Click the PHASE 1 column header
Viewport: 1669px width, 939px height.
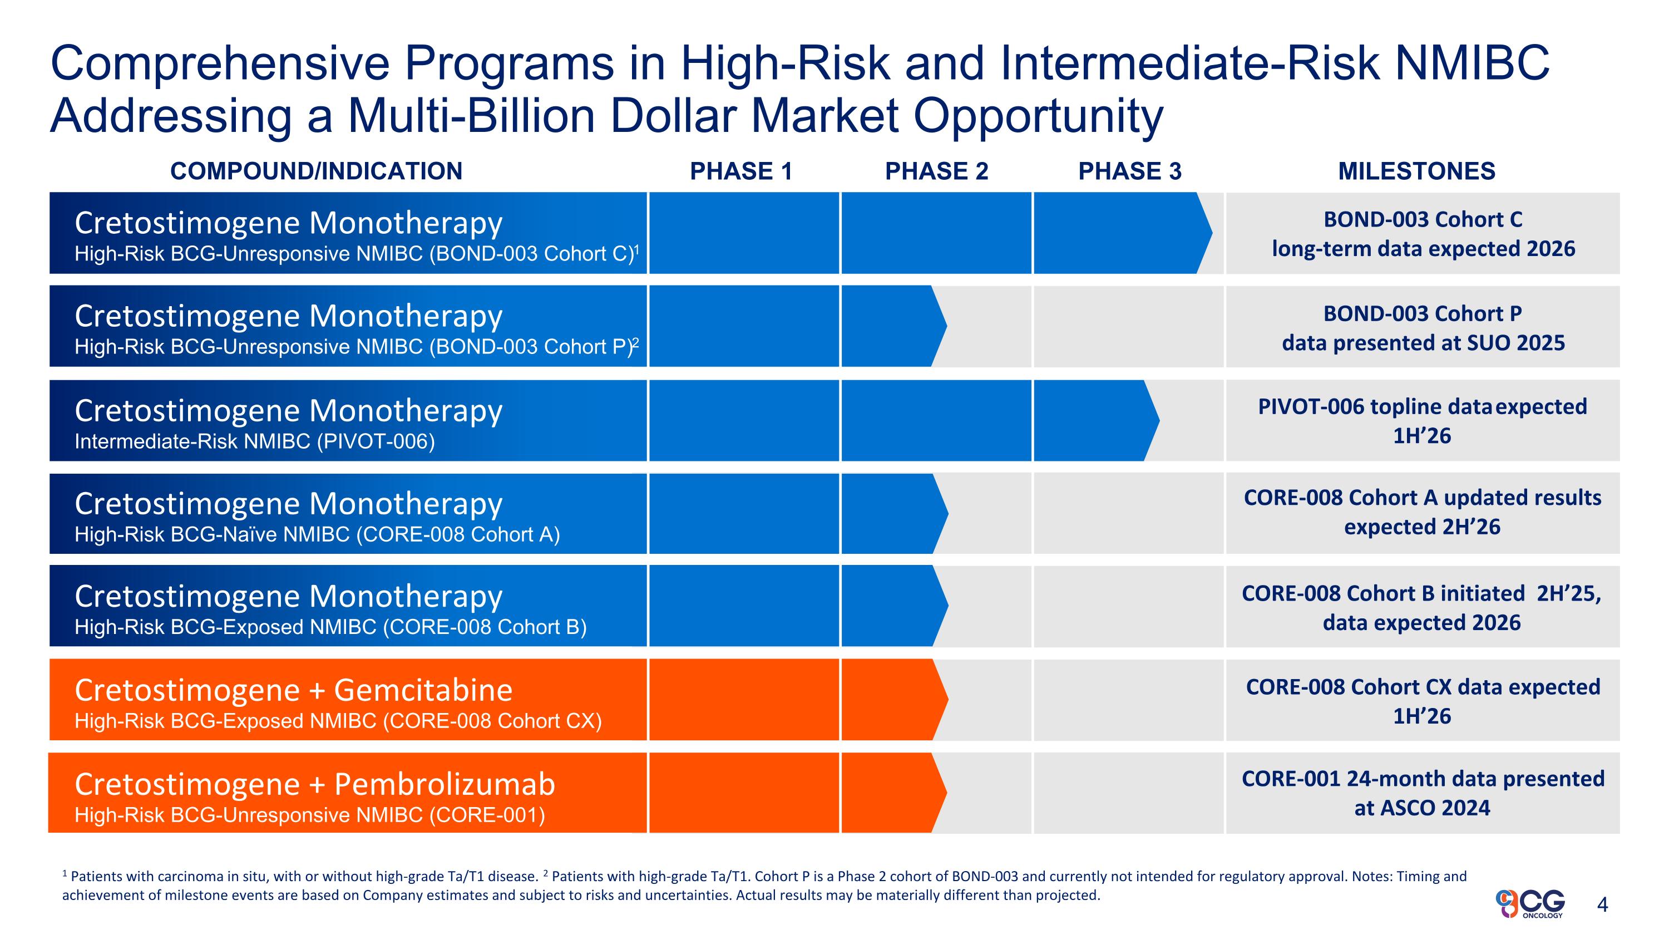(741, 171)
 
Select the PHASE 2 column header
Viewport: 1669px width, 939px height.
(937, 171)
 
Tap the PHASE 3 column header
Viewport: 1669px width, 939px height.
(1129, 171)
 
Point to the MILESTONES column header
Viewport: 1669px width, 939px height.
(1416, 171)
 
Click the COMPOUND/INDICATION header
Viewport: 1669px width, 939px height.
(316, 171)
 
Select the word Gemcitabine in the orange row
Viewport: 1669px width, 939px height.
(423, 690)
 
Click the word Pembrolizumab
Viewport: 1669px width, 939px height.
(445, 784)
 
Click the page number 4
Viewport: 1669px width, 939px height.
(1602, 904)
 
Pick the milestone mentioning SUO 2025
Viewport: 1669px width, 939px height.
(1423, 328)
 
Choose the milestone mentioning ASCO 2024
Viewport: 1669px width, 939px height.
(1423, 793)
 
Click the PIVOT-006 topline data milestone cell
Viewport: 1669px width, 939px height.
(1423, 421)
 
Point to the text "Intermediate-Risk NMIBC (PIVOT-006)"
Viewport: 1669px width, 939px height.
(255, 441)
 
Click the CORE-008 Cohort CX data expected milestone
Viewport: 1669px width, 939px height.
(1423, 701)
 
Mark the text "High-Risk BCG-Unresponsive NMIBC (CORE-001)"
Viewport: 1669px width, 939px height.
(310, 814)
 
